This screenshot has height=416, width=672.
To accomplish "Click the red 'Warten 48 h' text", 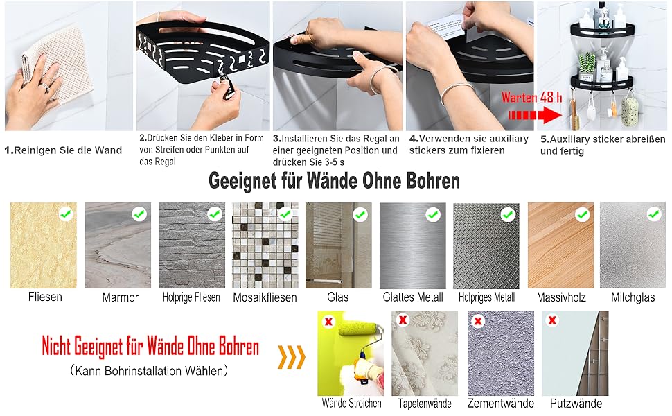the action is (x=531, y=97).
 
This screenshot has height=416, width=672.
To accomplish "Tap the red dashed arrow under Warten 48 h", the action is (x=535, y=115).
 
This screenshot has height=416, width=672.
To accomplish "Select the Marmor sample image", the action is (x=118, y=245).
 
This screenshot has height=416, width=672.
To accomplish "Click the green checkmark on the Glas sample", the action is (x=360, y=214).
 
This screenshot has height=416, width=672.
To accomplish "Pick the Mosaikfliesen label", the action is (x=265, y=297).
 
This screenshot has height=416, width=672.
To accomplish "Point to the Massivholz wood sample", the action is (x=561, y=245).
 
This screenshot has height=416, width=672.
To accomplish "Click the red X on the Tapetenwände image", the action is (x=403, y=320).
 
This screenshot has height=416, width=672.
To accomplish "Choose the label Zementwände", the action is (x=501, y=403).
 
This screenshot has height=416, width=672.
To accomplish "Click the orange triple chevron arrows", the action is (x=292, y=357).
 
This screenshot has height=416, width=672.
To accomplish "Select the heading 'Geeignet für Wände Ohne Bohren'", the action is (x=334, y=181).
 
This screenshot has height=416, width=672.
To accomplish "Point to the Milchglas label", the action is (x=633, y=297).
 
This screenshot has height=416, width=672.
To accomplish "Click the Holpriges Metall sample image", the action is (x=486, y=245).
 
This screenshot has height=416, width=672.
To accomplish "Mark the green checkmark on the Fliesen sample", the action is (x=66, y=214).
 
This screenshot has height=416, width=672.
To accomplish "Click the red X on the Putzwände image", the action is (x=552, y=320).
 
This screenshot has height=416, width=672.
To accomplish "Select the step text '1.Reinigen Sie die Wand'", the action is (x=63, y=150).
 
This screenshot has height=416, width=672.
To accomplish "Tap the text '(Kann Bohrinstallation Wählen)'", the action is (x=149, y=370).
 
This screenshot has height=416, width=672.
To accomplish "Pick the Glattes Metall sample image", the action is (x=413, y=245).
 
